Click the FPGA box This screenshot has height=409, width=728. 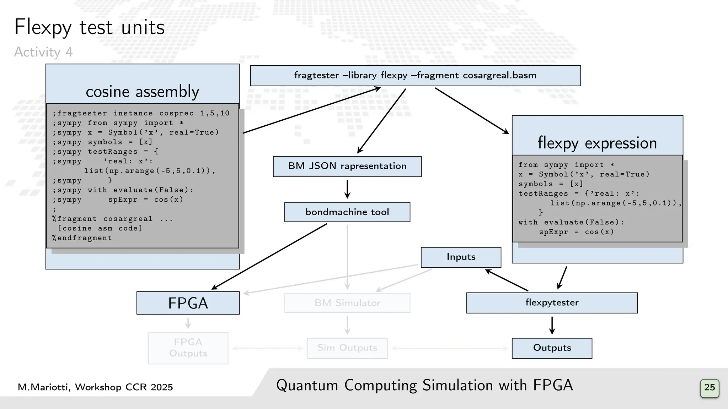(x=188, y=303)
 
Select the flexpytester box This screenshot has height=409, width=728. (x=552, y=303)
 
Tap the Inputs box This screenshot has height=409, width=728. (x=461, y=257)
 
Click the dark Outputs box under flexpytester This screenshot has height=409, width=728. (x=552, y=348)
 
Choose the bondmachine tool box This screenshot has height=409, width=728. (x=347, y=212)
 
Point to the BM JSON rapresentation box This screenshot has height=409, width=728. (x=347, y=166)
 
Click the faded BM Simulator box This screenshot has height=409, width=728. (x=347, y=303)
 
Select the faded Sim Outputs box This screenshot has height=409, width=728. (x=347, y=348)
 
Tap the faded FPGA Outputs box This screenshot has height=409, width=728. (x=188, y=348)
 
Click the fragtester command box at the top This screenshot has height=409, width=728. (x=415, y=76)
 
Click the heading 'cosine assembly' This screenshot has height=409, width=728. (x=142, y=92)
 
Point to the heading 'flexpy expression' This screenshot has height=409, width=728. (x=597, y=143)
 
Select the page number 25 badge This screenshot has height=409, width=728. (x=710, y=387)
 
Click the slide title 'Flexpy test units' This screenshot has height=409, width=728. (x=89, y=27)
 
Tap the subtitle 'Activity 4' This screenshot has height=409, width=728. (x=43, y=52)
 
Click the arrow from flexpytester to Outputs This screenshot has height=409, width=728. (x=552, y=325)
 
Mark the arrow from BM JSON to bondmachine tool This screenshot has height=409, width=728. (x=347, y=189)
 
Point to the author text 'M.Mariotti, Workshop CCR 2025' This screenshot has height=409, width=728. (x=95, y=387)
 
